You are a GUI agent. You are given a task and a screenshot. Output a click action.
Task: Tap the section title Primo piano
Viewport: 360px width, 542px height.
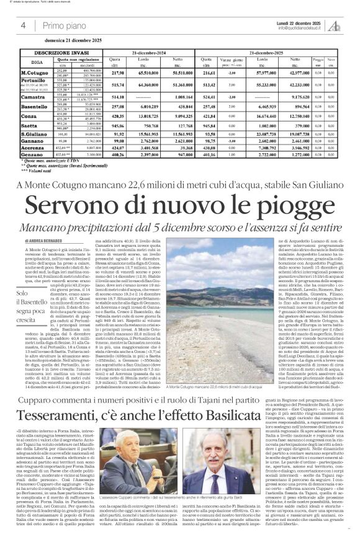pyautogui.click(x=65, y=25)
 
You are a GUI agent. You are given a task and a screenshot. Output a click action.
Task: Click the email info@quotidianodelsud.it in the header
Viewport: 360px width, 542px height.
pyautogui.click(x=304, y=27)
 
